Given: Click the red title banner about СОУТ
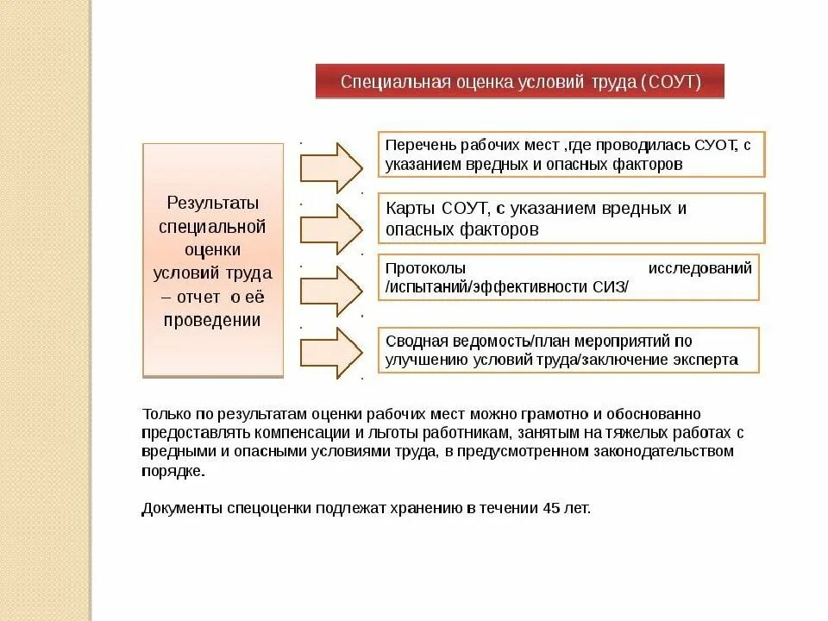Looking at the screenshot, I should (519, 82).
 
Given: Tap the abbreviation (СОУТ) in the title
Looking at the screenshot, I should (670, 83).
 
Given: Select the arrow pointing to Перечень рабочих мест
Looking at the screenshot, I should (331, 167).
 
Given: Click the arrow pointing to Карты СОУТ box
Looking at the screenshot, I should (331, 229).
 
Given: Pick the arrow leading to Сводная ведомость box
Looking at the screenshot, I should (331, 352).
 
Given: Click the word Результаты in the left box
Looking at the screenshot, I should (212, 204).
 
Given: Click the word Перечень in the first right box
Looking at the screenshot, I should (417, 145).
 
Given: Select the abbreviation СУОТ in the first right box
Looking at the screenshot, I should (712, 145).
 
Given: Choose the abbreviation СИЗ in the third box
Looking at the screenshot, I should (609, 287).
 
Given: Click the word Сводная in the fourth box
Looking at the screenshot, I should (415, 341).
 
